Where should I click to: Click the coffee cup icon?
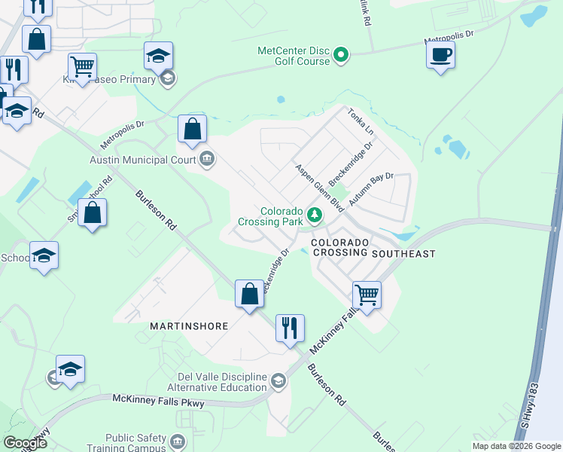(440, 55)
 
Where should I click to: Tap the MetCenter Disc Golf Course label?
(294, 56)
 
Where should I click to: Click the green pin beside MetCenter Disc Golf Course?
(341, 54)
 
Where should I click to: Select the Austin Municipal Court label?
(142, 160)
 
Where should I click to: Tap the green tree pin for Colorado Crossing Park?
(315, 215)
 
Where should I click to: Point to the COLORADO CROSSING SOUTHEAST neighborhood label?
(373, 248)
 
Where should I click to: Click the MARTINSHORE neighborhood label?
(184, 326)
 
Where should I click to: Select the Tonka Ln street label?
(361, 122)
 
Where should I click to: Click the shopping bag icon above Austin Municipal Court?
(193, 129)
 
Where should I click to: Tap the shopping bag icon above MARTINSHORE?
(249, 294)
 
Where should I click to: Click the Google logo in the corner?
(25, 442)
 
